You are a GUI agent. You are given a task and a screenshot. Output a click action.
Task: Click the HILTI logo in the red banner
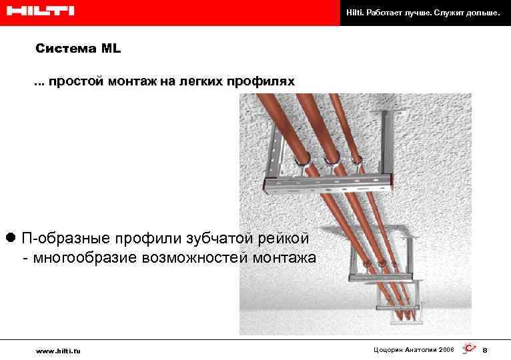click(x=38, y=11)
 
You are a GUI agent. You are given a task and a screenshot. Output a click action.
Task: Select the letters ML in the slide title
click(x=111, y=49)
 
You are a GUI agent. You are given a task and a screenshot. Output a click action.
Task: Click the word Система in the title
click(x=65, y=49)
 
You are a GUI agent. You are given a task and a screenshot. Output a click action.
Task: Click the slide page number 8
click(x=485, y=350)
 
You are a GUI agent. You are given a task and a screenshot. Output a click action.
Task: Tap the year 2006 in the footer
click(x=445, y=349)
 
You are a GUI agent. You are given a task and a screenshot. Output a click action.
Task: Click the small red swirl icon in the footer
click(x=468, y=349)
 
